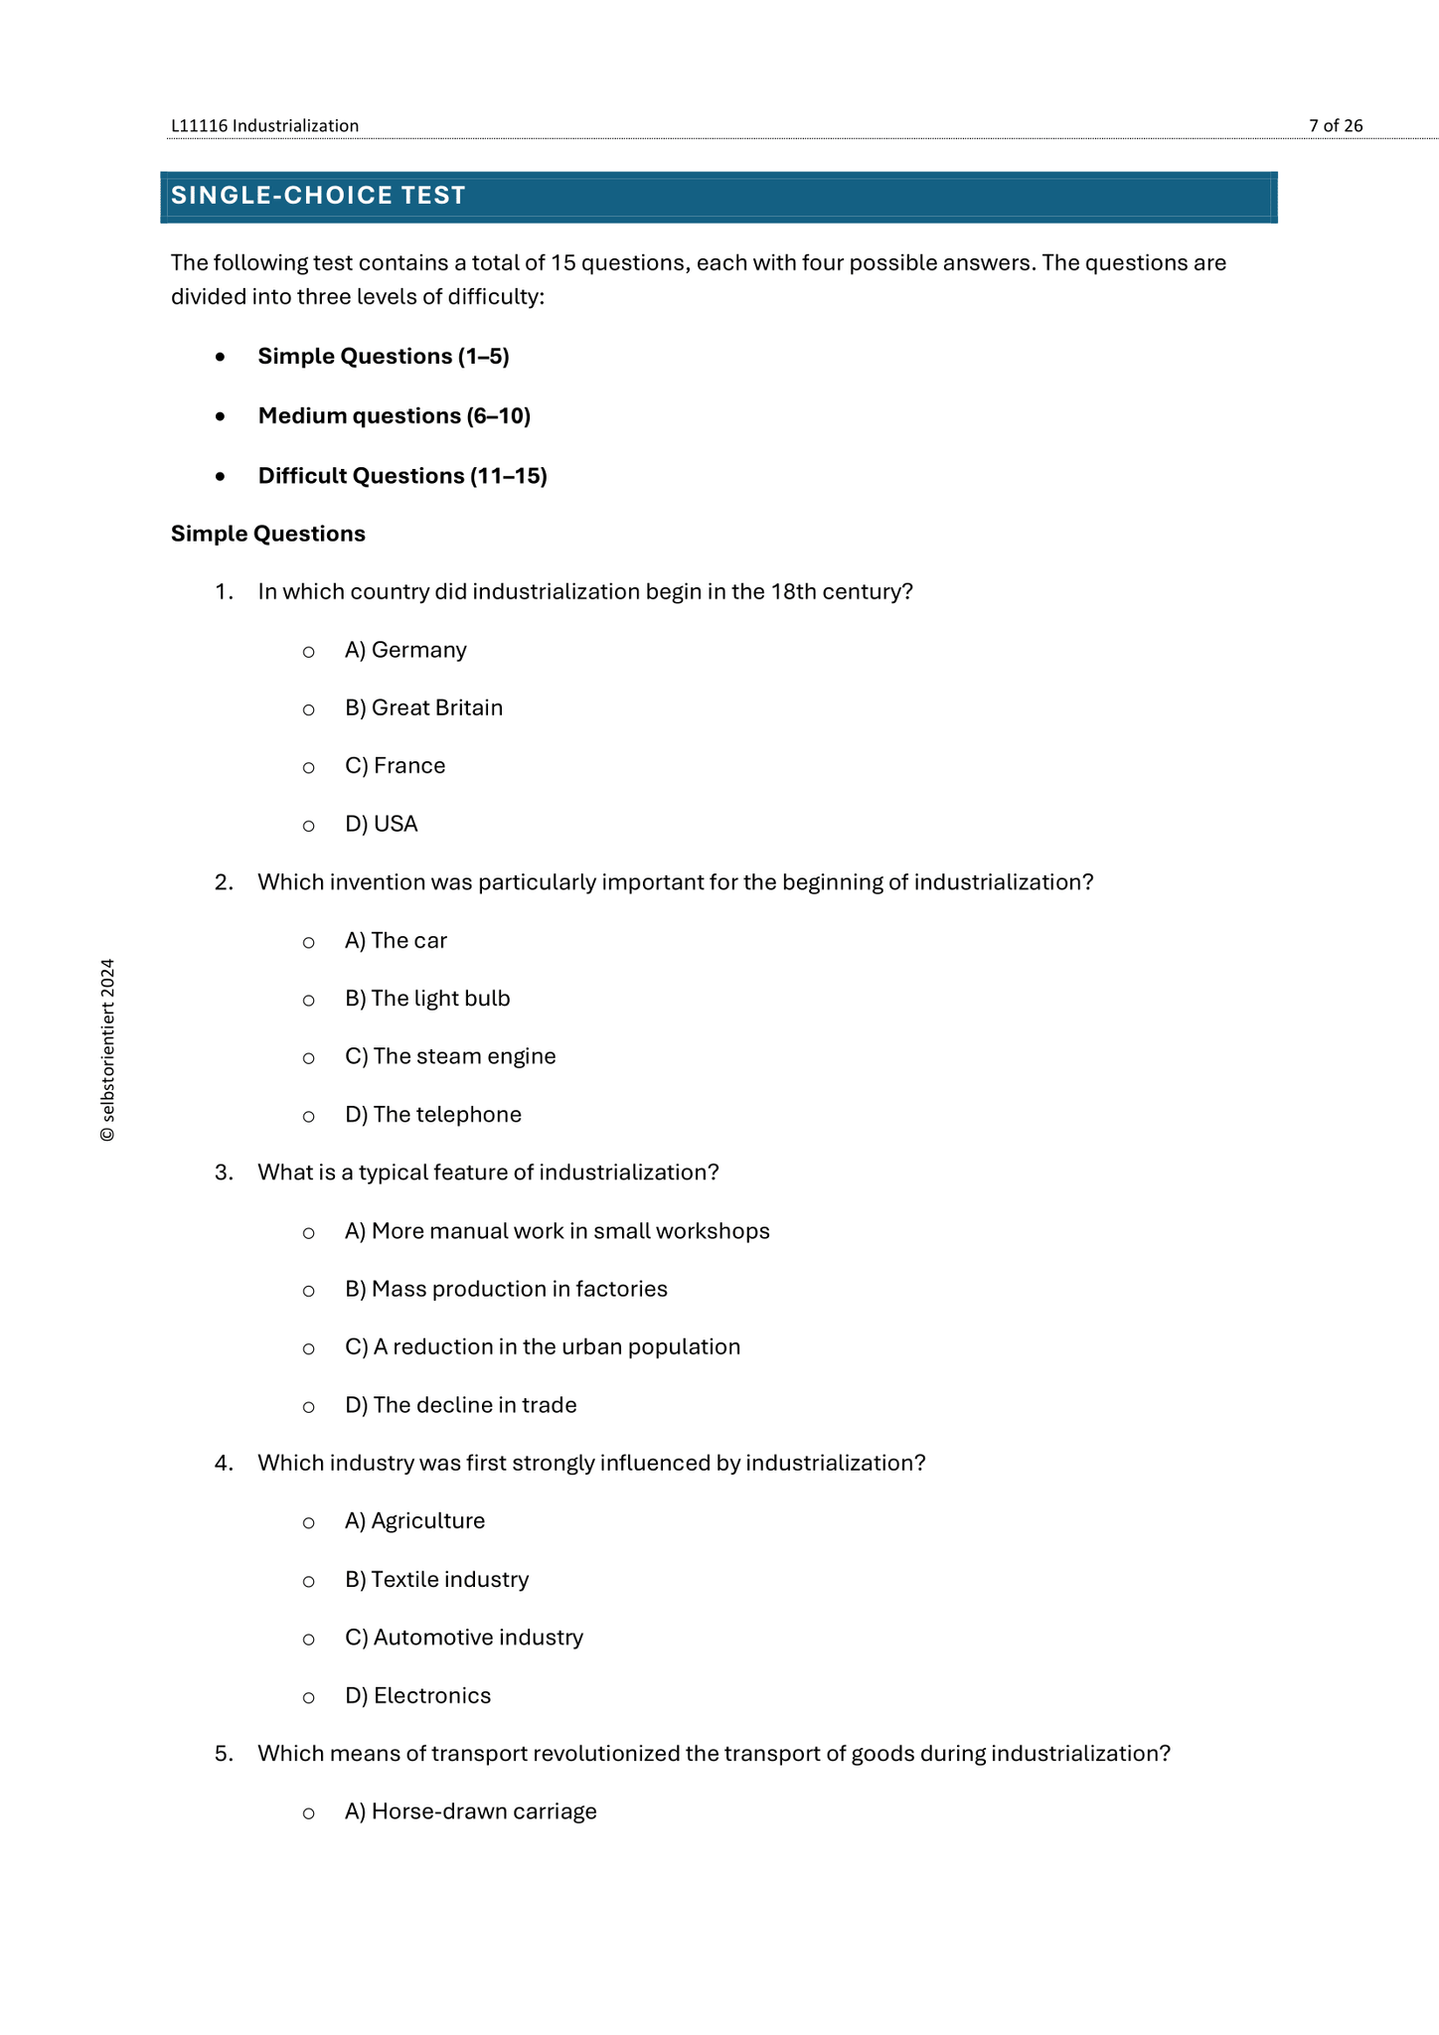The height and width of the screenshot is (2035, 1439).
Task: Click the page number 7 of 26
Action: [x=1335, y=126]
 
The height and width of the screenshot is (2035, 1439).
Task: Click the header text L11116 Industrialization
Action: [x=264, y=126]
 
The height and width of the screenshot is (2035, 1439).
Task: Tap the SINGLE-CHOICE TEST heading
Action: [x=318, y=196]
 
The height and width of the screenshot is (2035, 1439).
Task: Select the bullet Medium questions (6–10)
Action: [x=394, y=416]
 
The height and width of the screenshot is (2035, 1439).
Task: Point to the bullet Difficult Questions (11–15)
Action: [x=402, y=476]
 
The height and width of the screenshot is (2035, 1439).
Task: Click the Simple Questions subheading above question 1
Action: [x=268, y=535]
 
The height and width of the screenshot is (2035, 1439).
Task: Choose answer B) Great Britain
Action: [x=423, y=708]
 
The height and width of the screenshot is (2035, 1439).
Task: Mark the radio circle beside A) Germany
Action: [x=309, y=652]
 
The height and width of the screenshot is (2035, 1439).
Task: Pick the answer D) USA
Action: [x=381, y=825]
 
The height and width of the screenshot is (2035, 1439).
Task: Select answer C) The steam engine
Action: [x=450, y=1056]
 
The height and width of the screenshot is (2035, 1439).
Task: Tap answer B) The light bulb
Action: [x=427, y=999]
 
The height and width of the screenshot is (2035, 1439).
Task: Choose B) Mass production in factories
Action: [x=506, y=1290]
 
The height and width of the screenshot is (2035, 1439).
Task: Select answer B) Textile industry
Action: [x=436, y=1580]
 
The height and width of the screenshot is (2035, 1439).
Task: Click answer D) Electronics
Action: [x=417, y=1696]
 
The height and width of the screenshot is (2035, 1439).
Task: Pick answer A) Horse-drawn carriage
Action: [x=470, y=1812]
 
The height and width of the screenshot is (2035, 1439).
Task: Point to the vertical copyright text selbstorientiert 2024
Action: [x=107, y=1050]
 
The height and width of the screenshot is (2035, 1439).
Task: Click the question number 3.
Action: [x=224, y=1174]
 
